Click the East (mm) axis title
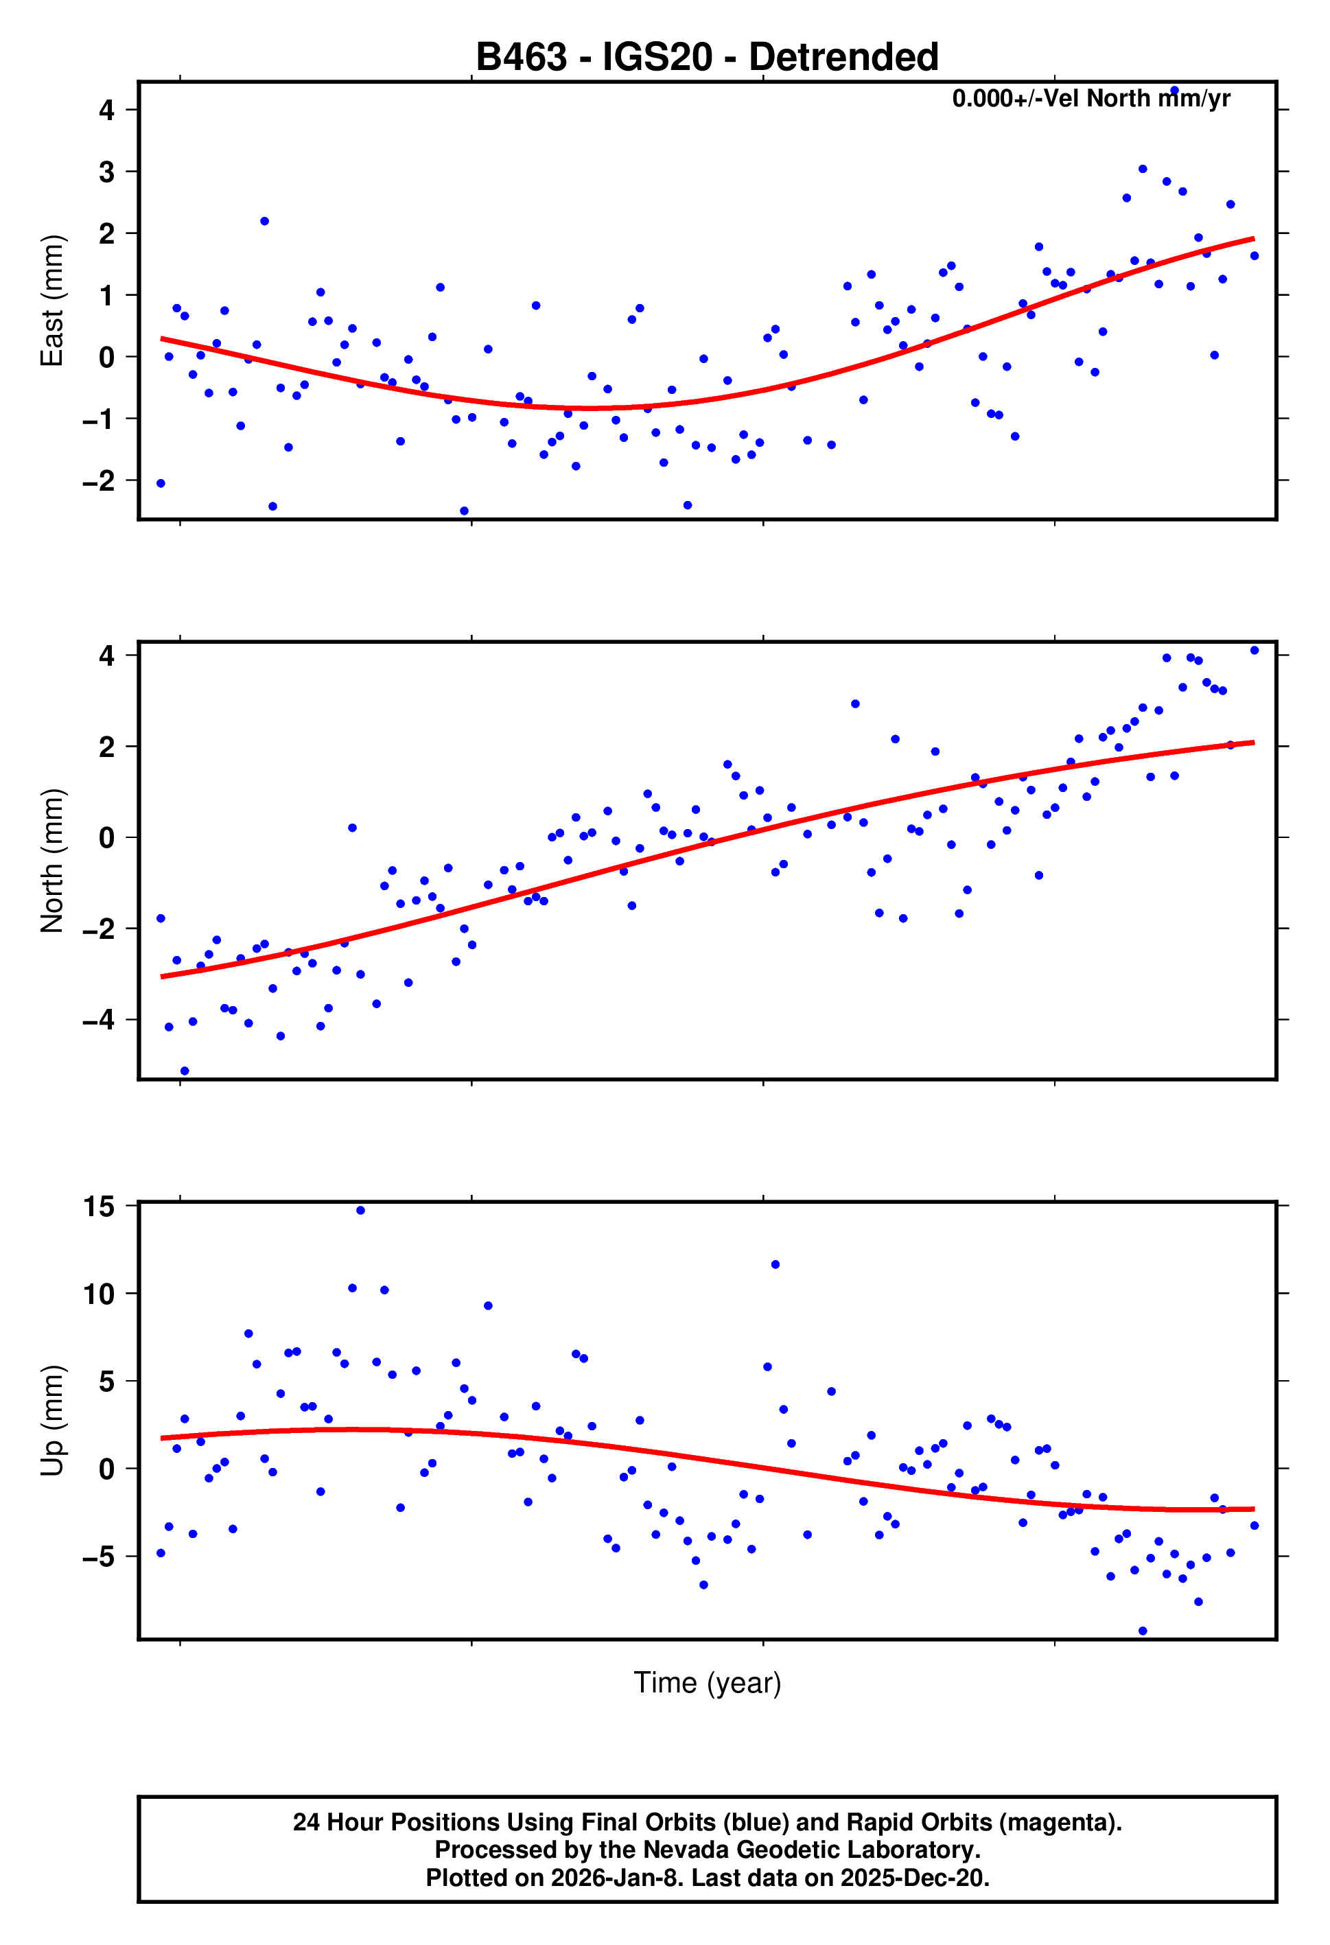[52, 301]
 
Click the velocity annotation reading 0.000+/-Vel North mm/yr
[1090, 99]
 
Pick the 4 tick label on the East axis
[106, 110]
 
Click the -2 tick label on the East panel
[99, 481]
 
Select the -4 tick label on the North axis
[99, 1021]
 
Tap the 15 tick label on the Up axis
[99, 1206]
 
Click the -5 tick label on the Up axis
[99, 1557]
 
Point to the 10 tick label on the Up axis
[99, 1294]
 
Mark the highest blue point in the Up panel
[361, 1210]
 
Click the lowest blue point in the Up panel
[1143, 1631]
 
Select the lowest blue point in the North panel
[185, 1071]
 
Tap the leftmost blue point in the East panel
[161, 484]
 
